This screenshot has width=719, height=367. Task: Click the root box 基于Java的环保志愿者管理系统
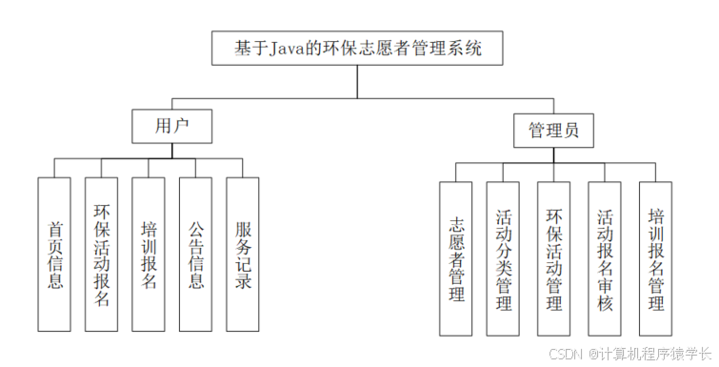tap(357, 48)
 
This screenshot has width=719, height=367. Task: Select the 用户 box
tap(170, 126)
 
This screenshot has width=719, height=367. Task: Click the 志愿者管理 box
tap(456, 258)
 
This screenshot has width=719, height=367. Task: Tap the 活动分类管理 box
tap(504, 258)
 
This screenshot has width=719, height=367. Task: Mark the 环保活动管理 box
tap(554, 258)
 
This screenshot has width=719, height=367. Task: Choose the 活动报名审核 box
tap(605, 258)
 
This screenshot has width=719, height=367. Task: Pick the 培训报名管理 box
tap(655, 258)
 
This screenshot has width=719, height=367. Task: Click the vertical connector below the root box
tap(357, 82)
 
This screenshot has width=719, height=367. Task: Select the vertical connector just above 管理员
tap(554, 106)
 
